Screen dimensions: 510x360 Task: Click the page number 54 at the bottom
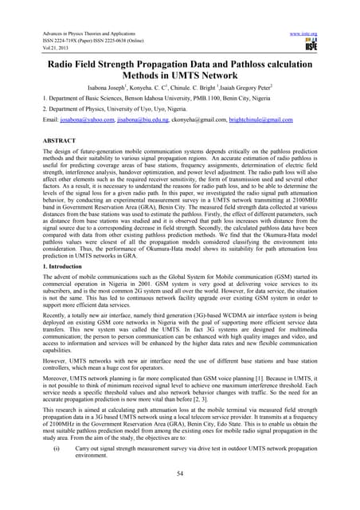click(180, 494)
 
